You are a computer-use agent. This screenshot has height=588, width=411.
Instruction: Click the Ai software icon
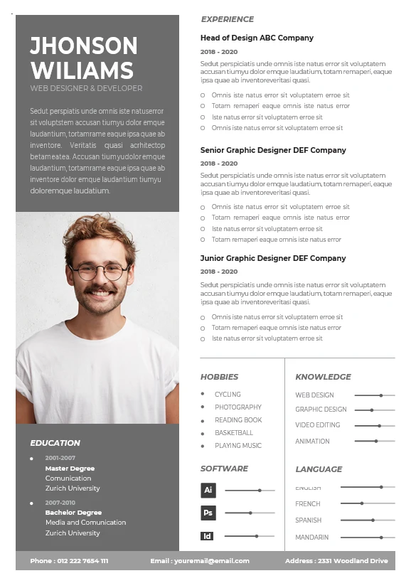tap(208, 490)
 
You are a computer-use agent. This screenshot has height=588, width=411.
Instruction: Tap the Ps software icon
tap(208, 513)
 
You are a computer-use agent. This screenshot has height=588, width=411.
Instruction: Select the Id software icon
tap(207, 536)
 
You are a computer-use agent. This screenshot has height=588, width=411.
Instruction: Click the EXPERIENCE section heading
tap(227, 19)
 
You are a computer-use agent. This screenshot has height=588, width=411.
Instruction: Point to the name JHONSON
tap(84, 46)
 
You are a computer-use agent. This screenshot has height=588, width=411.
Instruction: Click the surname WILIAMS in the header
tap(82, 70)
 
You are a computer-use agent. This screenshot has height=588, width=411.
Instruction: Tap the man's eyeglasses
tap(100, 271)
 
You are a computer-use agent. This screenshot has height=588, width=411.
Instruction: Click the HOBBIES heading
tap(219, 377)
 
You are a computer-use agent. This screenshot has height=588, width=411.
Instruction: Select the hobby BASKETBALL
tap(234, 433)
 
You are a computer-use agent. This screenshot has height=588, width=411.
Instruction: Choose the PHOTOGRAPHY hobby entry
tap(238, 407)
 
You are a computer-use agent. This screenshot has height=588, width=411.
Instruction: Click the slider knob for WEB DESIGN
tap(381, 395)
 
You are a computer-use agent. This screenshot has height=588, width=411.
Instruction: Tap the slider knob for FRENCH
tap(362, 503)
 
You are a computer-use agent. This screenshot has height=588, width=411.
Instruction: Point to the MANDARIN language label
tap(312, 538)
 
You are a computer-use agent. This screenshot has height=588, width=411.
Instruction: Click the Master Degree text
tap(70, 469)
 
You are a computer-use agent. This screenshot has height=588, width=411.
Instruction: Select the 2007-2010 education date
tap(60, 503)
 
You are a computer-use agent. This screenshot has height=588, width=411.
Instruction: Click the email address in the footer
tap(200, 561)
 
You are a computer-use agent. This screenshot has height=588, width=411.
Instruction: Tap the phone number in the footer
tap(69, 561)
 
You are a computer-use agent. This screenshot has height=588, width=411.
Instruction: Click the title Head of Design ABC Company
tap(257, 38)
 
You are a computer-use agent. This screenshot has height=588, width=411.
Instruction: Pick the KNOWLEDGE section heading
tap(323, 377)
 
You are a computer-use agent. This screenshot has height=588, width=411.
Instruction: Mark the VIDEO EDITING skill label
tap(318, 425)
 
